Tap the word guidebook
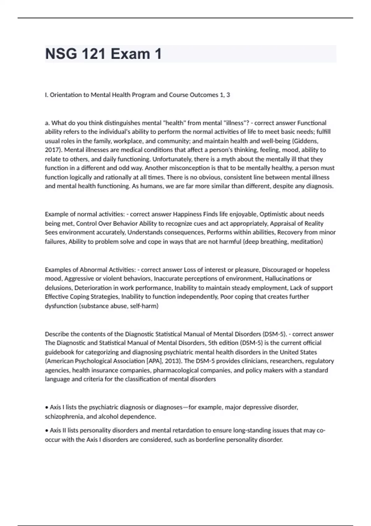coord(59,352)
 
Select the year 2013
coord(173,361)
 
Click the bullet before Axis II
coord(46,431)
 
